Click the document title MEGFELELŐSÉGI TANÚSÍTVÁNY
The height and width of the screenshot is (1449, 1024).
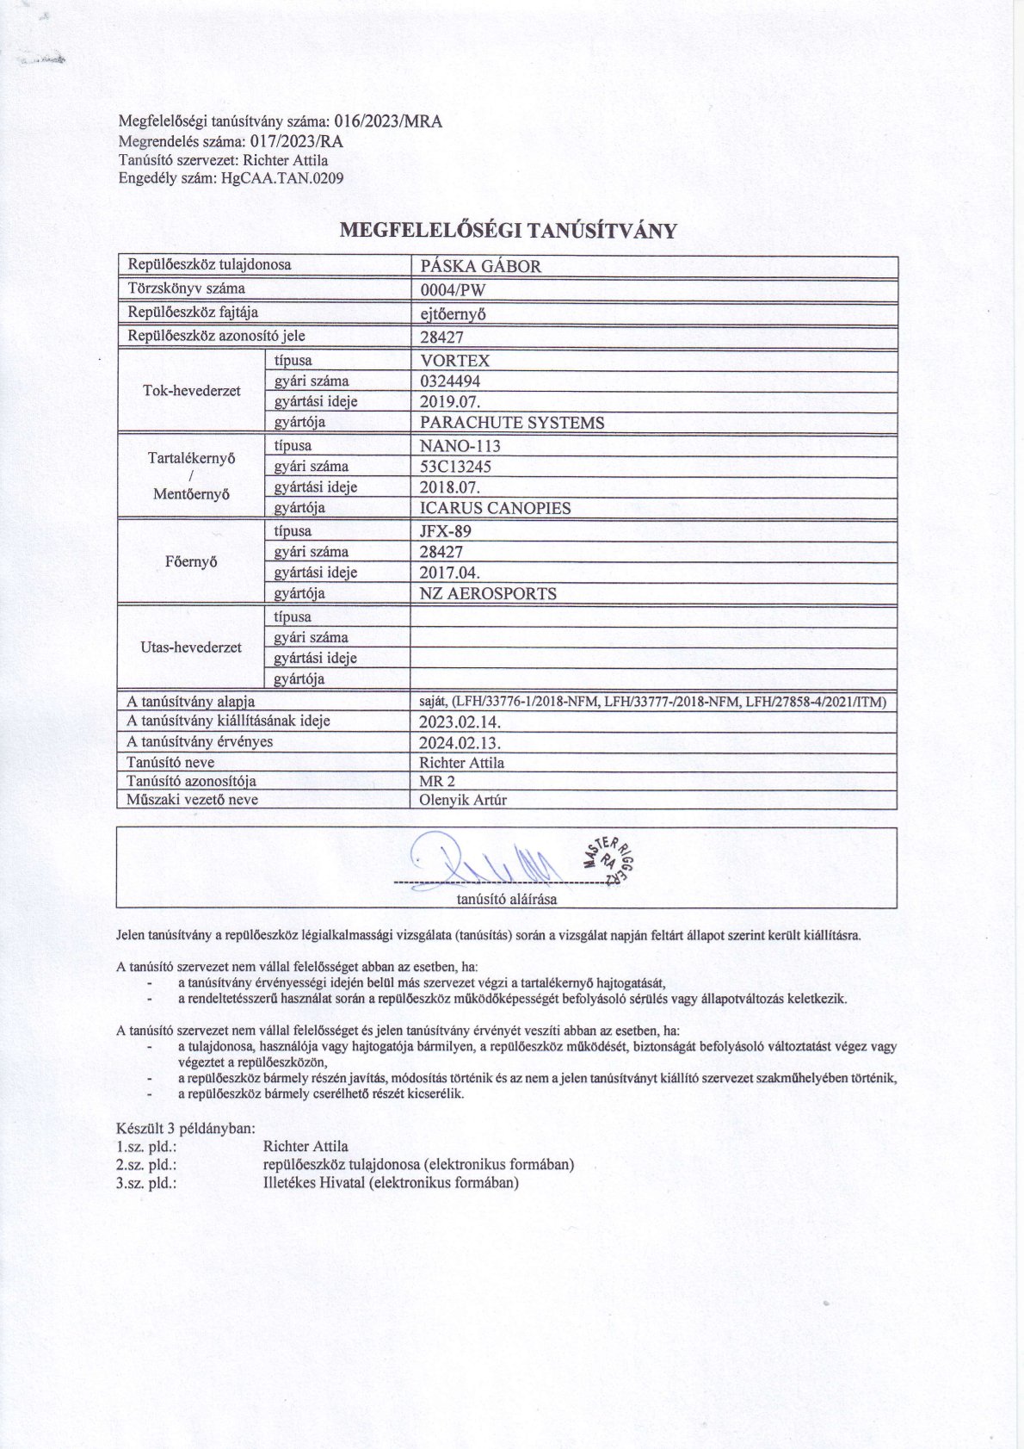(x=509, y=231)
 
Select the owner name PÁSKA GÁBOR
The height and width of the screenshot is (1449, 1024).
(x=479, y=266)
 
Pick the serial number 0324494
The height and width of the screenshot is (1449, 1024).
(x=450, y=381)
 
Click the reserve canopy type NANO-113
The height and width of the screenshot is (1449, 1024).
(x=460, y=446)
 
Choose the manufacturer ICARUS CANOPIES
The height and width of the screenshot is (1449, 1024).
(x=495, y=508)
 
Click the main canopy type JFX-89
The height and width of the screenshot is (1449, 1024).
(x=445, y=531)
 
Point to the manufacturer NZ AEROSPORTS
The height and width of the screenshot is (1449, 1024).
(x=487, y=593)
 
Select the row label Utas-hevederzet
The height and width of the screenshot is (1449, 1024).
(x=191, y=647)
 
